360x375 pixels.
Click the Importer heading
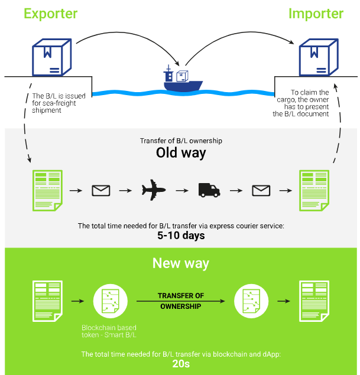(x=316, y=14)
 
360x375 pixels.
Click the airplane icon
(x=154, y=190)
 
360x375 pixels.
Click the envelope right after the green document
(x=101, y=190)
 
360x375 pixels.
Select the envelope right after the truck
(x=261, y=190)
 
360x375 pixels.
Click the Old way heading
(x=180, y=153)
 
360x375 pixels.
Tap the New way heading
(x=180, y=263)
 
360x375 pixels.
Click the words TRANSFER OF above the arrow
(x=180, y=295)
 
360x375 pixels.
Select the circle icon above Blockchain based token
(x=111, y=301)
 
